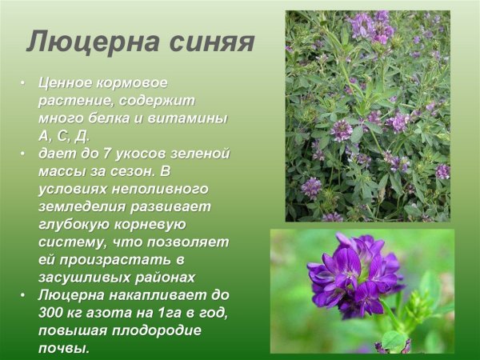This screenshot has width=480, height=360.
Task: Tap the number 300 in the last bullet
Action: click(54, 312)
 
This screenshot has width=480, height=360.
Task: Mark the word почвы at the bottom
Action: click(63, 348)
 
